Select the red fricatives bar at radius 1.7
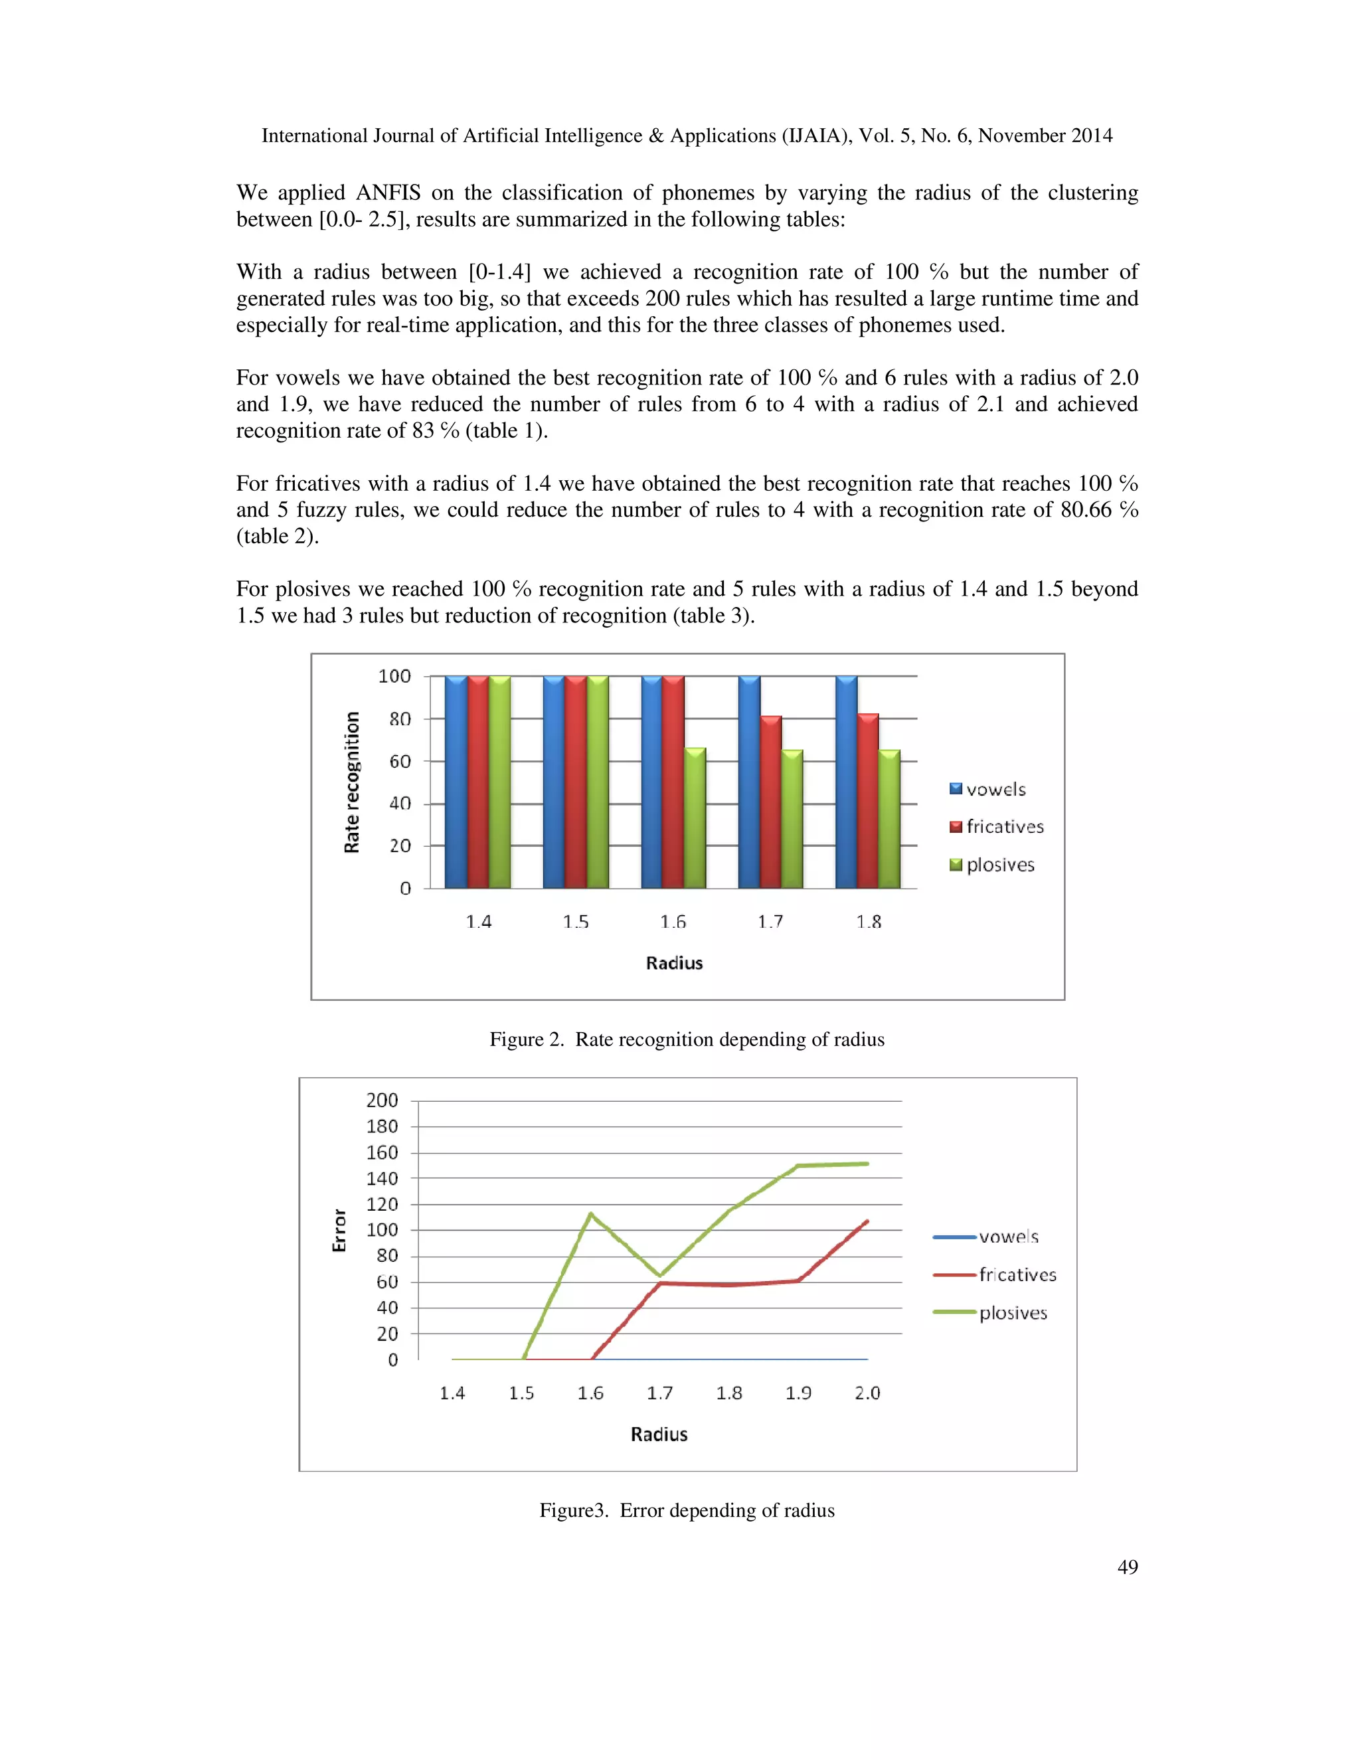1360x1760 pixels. [771, 802]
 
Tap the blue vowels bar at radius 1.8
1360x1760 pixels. [846, 782]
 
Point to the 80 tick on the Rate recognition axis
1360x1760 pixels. [400, 719]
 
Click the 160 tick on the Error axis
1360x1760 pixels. [382, 1152]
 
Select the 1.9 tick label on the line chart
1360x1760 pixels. [798, 1393]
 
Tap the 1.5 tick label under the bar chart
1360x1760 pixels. [575, 922]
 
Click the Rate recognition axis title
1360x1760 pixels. [351, 782]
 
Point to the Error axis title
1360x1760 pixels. [339, 1230]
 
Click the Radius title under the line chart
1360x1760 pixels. [658, 1435]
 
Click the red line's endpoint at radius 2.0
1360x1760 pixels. [867, 1221]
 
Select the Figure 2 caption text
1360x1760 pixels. [687, 1039]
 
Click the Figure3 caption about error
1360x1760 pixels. [687, 1510]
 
